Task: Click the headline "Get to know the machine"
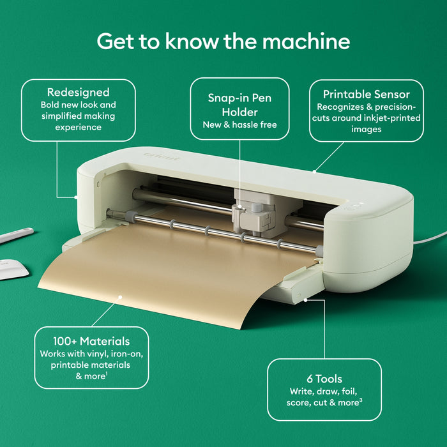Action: tap(223, 42)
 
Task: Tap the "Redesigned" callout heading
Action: tap(78, 93)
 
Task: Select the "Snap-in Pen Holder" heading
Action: tap(239, 105)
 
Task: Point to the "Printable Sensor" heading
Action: tap(366, 94)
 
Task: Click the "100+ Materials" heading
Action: tap(91, 341)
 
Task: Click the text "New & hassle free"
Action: tap(239, 125)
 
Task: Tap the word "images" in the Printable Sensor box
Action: tap(366, 130)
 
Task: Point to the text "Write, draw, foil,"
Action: tap(324, 391)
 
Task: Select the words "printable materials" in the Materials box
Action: tap(91, 365)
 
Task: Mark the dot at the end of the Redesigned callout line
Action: tap(76, 197)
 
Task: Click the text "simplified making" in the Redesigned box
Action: tap(78, 116)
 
